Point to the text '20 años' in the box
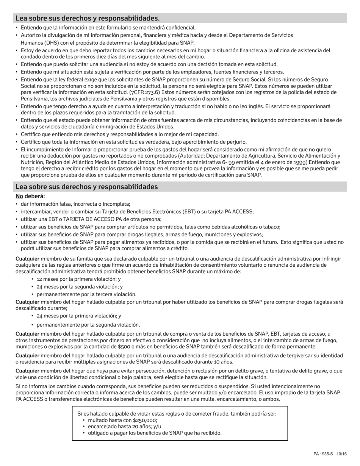pyautogui.click(x=131, y=427)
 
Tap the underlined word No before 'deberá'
pyautogui.click(x=19, y=196)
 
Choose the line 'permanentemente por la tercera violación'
pyautogui.click(x=86, y=294)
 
